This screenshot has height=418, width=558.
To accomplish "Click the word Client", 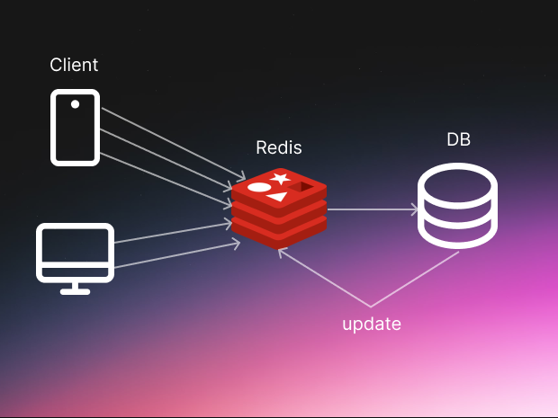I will coord(74,65).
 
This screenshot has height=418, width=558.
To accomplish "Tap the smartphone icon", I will coord(75,127).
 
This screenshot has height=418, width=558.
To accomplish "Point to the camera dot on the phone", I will coord(75,104).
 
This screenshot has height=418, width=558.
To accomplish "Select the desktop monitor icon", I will coord(75,256).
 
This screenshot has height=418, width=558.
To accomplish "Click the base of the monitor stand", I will coord(75,290).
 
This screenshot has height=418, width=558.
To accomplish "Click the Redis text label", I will coord(279,147).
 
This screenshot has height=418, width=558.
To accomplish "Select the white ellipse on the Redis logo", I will coord(259,188).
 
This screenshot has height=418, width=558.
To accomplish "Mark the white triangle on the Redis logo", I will coord(278,196).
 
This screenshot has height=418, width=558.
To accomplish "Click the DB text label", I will coord(458,140).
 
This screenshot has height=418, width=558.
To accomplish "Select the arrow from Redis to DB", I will coord(371,209).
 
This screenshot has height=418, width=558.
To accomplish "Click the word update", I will coord(371,324).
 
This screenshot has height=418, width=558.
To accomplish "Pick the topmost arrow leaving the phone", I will coord(171,142).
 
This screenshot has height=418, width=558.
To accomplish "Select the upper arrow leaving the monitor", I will coord(171,235).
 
